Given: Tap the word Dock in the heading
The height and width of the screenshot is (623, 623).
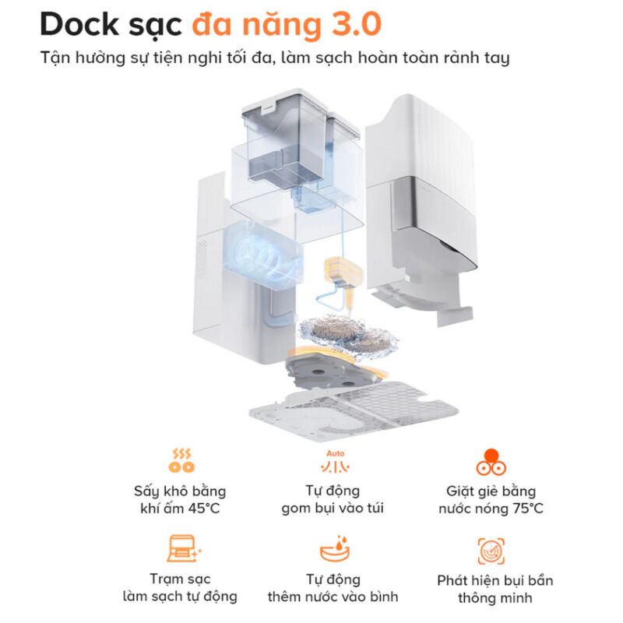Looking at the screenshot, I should [79, 25].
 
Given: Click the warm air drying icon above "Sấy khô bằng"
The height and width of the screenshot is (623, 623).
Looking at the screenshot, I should [181, 459].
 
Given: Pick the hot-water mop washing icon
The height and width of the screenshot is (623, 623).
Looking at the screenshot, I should [491, 461].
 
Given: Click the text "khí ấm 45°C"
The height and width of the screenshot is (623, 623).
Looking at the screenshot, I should [181, 509].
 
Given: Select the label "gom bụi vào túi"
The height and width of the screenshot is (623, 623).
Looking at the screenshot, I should [333, 509].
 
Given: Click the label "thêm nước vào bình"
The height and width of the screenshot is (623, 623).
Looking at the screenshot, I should [333, 597].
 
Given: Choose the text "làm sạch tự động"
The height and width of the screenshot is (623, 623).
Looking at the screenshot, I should [181, 597].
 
